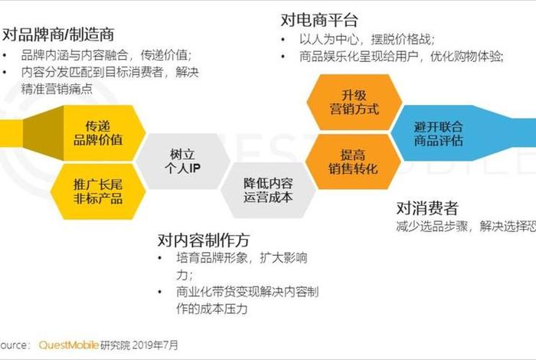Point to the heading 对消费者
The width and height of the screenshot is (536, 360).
click(427, 208)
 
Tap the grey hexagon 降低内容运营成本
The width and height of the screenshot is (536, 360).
click(268, 190)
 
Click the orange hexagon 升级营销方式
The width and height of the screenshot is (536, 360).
click(354, 103)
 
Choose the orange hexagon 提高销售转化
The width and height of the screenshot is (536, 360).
click(354, 162)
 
